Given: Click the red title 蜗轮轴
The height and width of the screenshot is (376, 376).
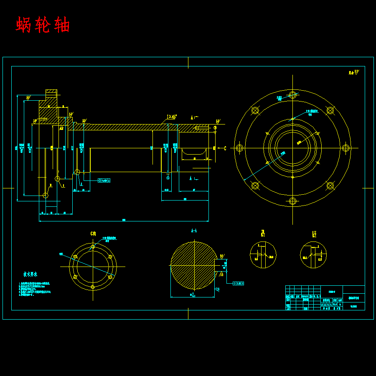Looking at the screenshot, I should tap(43, 25).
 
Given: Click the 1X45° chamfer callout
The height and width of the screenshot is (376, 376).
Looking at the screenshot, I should tap(171, 117).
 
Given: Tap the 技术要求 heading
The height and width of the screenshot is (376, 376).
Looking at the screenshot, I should tap(30, 274).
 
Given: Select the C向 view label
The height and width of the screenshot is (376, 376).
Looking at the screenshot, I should tap(93, 234).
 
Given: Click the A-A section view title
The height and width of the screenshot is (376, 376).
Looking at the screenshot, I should tap(194, 230).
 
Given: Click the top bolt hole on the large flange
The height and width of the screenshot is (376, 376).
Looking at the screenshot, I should tap(292, 94).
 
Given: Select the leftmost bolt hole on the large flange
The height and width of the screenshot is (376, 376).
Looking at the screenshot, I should tap(239, 148).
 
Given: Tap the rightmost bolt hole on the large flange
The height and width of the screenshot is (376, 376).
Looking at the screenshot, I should tap(346, 148).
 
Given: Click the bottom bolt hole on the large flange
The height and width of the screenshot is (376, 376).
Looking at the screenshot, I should tap(292, 201).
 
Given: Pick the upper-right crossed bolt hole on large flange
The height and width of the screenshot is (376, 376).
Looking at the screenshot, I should tap(330, 110).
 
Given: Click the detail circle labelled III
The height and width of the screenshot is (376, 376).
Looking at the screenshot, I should tap(263, 255).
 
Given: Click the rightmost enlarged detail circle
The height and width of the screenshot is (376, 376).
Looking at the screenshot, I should tap(313, 255).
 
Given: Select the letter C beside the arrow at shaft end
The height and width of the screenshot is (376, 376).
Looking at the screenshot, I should tap(225, 148).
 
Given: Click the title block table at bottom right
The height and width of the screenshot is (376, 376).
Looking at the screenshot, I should tap(325, 297).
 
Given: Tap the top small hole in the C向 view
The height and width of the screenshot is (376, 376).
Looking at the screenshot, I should tap(93, 246).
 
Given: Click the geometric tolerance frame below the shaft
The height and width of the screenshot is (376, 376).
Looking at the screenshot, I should tap(104, 180).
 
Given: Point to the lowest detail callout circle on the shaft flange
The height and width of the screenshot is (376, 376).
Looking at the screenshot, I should tap(46, 195).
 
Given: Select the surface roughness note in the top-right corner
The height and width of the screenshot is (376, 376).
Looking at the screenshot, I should tap(354, 72).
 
